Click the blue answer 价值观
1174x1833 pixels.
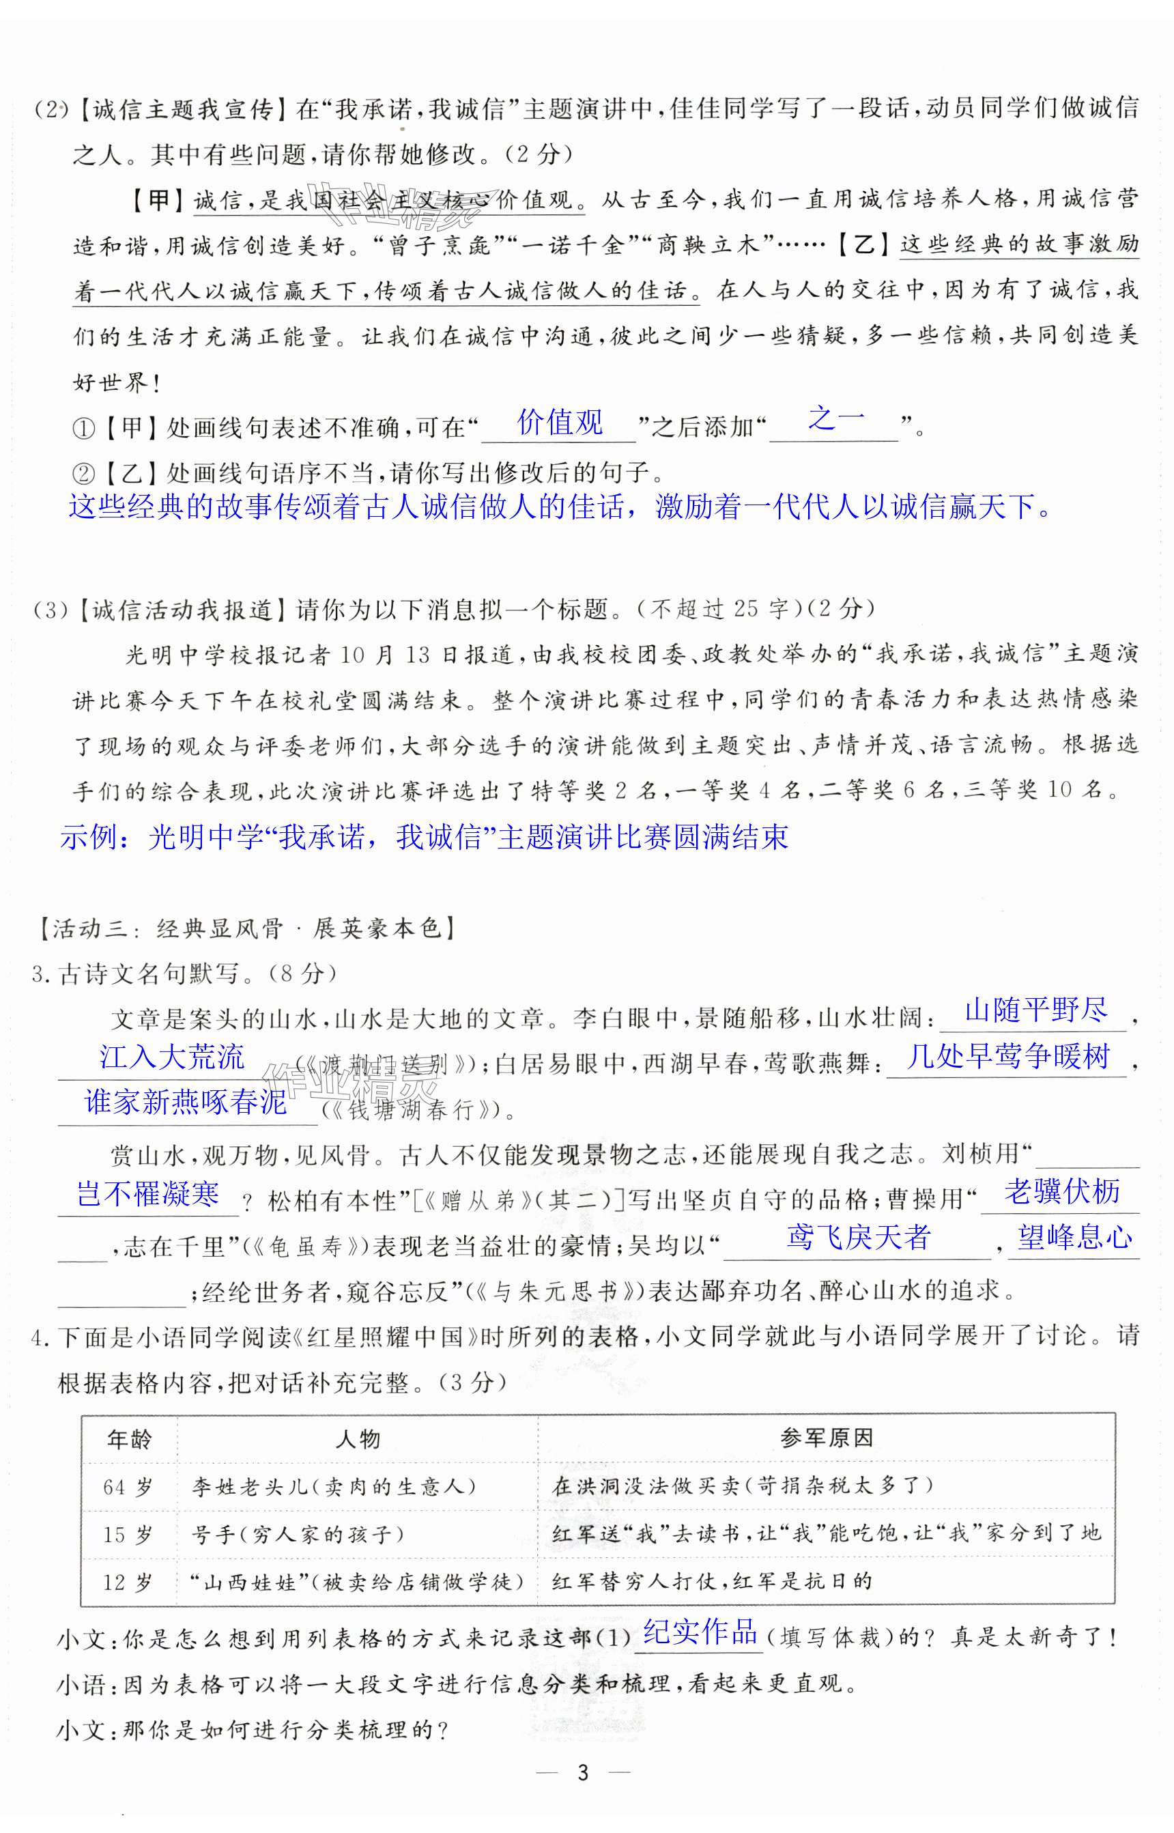click(x=560, y=422)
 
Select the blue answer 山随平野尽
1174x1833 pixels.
click(x=1035, y=1010)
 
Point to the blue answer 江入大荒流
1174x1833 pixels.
click(x=171, y=1056)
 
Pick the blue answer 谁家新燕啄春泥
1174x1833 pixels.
click(x=185, y=1102)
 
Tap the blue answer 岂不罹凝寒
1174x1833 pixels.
click(x=148, y=1193)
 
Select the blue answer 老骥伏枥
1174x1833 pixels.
click(x=1061, y=1191)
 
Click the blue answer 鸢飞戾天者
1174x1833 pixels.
click(x=859, y=1237)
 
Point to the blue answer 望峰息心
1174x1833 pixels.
click(x=1075, y=1237)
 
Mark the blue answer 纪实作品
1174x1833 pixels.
click(x=700, y=1632)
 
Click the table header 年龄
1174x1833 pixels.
click(x=130, y=1440)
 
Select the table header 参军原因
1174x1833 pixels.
click(x=827, y=1438)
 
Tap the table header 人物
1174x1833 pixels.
click(x=358, y=1440)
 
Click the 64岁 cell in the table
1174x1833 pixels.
click(x=128, y=1487)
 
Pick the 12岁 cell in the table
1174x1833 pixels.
click(x=128, y=1582)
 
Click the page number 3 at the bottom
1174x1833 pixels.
click(x=583, y=1773)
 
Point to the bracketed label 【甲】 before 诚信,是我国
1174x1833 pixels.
click(x=158, y=201)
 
